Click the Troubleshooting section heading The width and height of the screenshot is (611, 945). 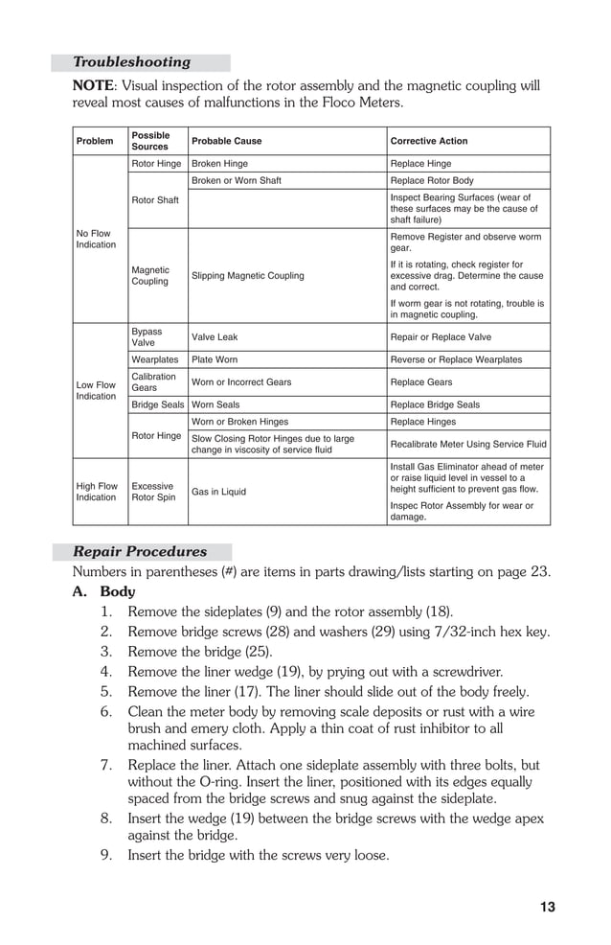[x=132, y=62]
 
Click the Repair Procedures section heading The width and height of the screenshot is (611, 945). [x=140, y=552]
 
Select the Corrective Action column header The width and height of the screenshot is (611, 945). [x=429, y=141]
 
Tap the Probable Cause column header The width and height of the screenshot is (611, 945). [x=226, y=141]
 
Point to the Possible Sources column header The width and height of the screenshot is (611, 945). [x=150, y=141]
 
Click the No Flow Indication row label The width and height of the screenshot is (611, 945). [x=95, y=239]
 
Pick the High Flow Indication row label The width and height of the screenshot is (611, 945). [x=96, y=492]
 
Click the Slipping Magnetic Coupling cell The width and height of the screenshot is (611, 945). [x=248, y=276]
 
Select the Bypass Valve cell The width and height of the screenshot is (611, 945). [x=147, y=337]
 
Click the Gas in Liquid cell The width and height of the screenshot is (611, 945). [x=219, y=492]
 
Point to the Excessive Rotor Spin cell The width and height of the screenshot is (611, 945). [x=153, y=492]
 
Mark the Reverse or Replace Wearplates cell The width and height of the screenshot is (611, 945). [x=456, y=359]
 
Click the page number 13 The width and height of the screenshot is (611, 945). [x=547, y=907]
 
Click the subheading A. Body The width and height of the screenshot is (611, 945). [x=104, y=592]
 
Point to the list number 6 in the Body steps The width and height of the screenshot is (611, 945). [x=106, y=712]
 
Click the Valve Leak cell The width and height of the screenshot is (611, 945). [x=215, y=337]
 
